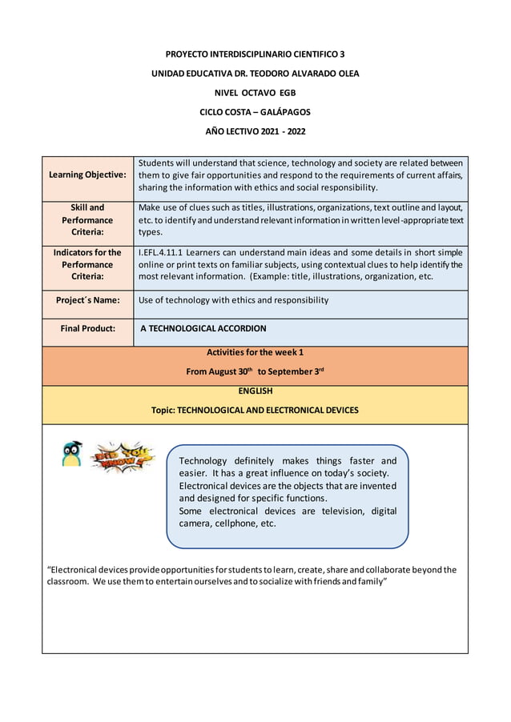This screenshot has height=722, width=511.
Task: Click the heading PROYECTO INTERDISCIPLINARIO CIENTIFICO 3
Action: click(255, 54)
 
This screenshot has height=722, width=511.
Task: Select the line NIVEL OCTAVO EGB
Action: click(255, 93)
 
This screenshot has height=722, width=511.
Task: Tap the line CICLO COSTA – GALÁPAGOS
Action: click(255, 112)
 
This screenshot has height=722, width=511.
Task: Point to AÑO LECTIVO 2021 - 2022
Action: click(255, 131)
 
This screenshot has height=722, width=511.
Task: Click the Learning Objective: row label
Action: click(87, 174)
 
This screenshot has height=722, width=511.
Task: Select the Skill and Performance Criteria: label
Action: click(87, 220)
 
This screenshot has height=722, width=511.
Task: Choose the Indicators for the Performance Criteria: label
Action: click(87, 264)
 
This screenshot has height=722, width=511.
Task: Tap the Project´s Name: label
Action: click(87, 301)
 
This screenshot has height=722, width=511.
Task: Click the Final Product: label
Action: click(87, 328)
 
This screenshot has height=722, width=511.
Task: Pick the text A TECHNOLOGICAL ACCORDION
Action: click(203, 328)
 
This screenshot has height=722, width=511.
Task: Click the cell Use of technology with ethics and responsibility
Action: click(233, 301)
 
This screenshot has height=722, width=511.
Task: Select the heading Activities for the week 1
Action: click(255, 352)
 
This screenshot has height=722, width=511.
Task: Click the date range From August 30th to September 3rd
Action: click(255, 371)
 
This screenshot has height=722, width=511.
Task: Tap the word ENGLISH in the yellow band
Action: click(255, 391)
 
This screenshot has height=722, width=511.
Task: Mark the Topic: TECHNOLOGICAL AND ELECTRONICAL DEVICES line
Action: click(255, 410)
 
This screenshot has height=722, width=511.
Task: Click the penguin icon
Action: click(71, 454)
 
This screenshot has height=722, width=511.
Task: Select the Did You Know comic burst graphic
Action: click(123, 457)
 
